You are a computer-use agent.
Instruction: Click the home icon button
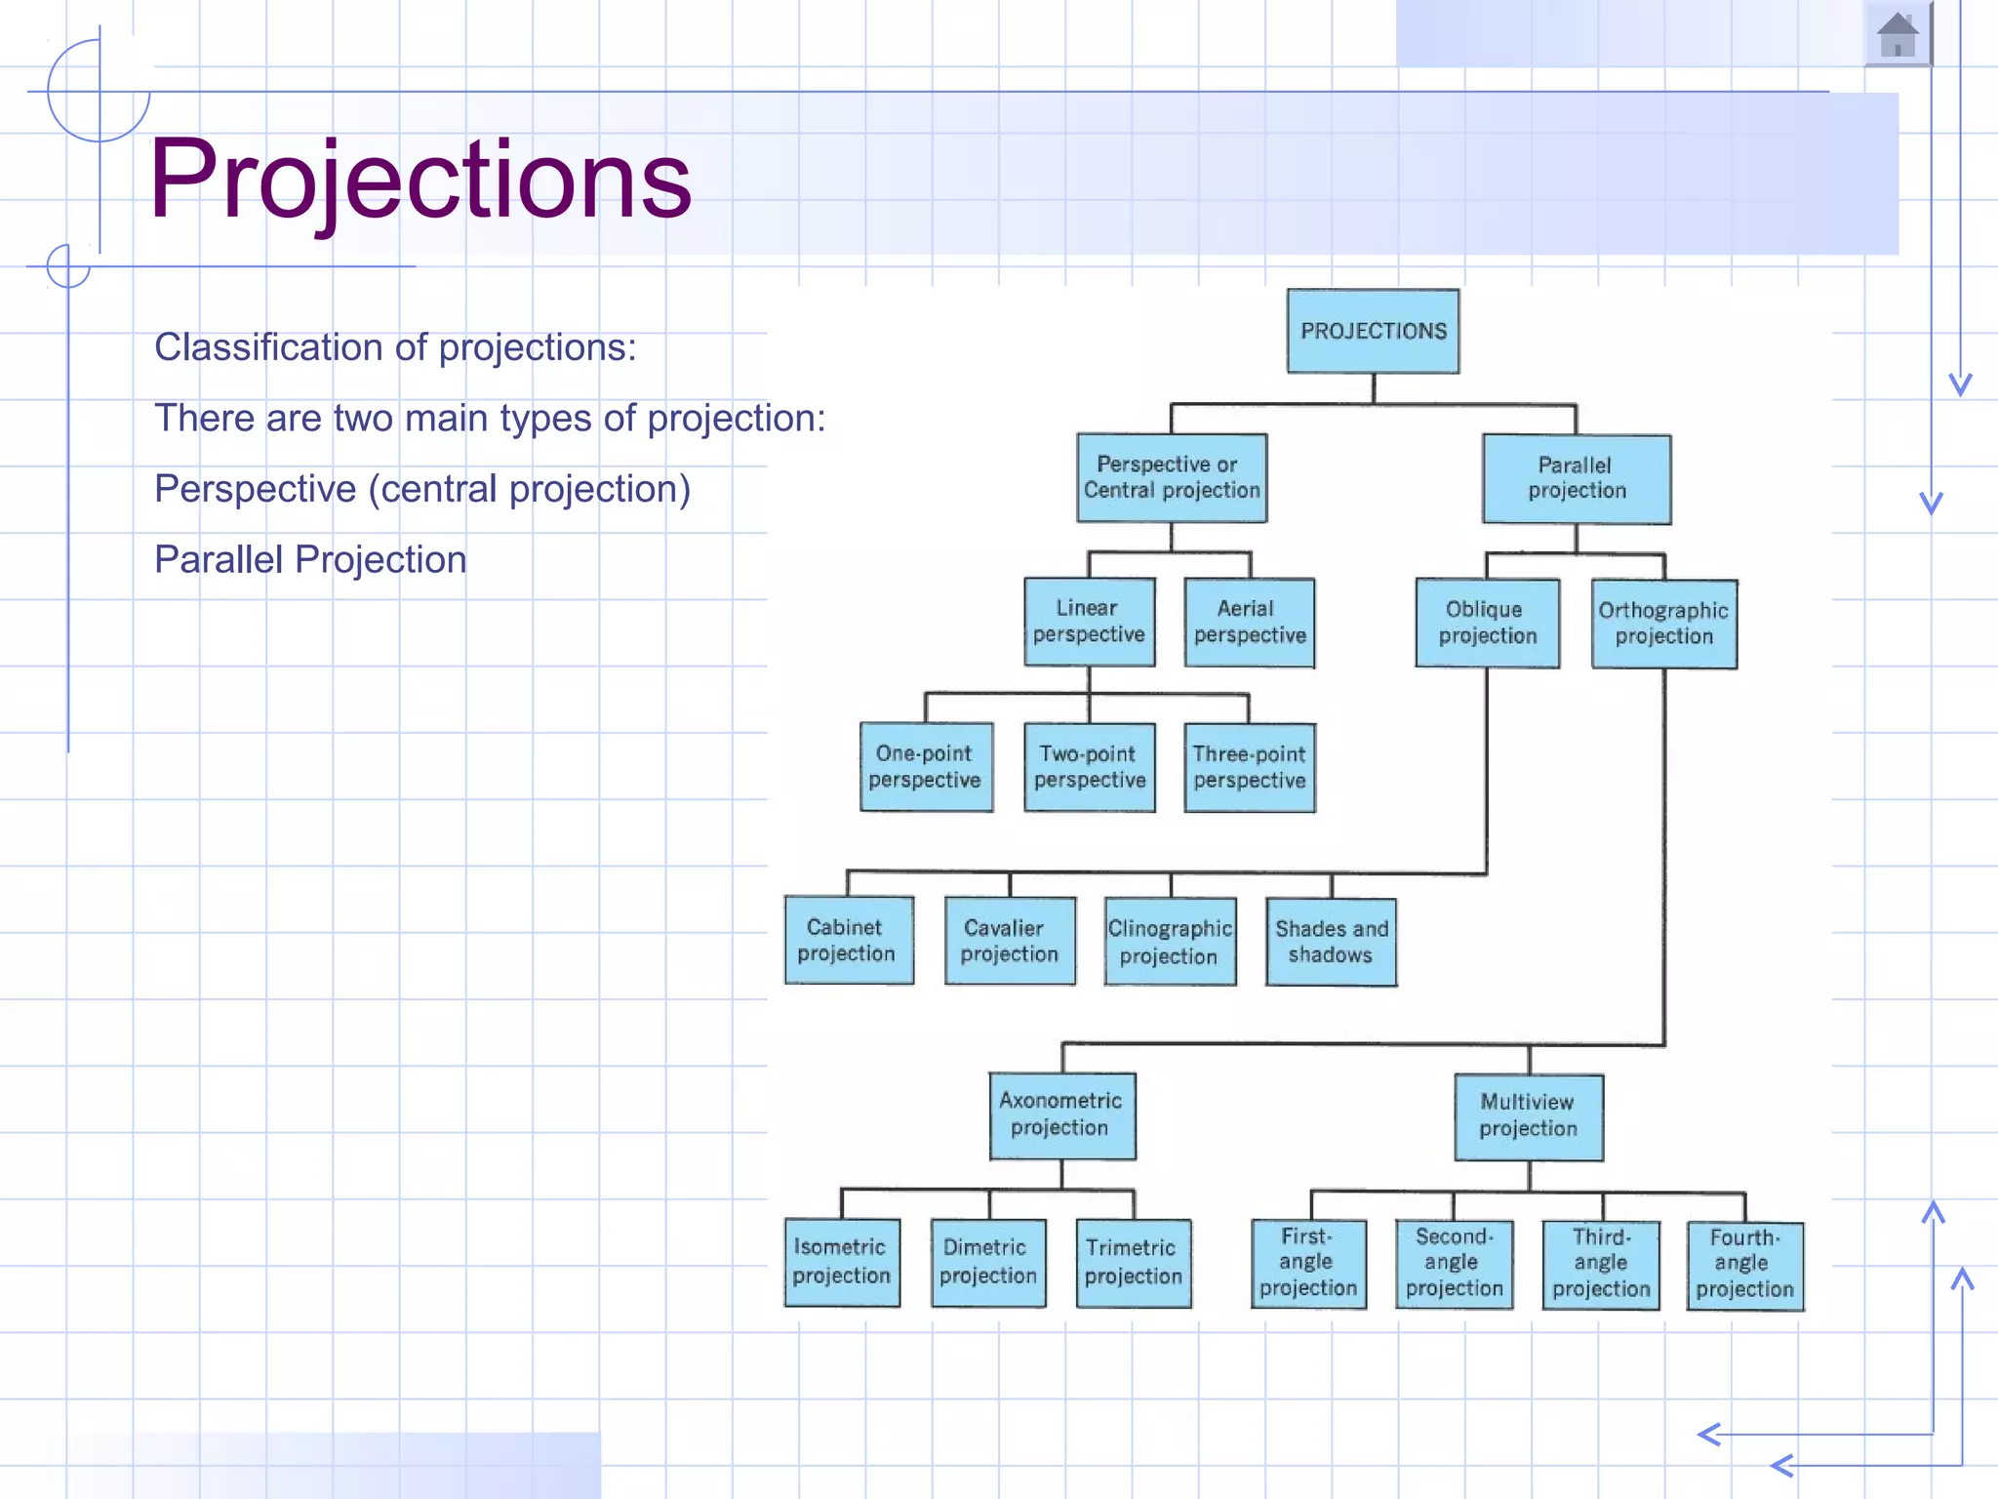pyautogui.click(x=1898, y=35)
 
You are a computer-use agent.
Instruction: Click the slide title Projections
pyautogui.click(x=420, y=180)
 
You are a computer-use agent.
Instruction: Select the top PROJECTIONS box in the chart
pyautogui.click(x=1373, y=331)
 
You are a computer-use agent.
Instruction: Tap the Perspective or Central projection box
pyautogui.click(x=1171, y=478)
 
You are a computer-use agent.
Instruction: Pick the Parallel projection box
pyautogui.click(x=1576, y=478)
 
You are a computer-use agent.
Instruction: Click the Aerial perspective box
pyautogui.click(x=1249, y=623)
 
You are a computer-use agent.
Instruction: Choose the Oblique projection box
pyautogui.click(x=1487, y=623)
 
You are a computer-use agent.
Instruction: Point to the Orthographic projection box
pyautogui.click(x=1663, y=624)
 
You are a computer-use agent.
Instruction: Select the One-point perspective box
pyautogui.click(x=925, y=767)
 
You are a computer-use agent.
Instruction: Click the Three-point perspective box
pyautogui.click(x=1249, y=768)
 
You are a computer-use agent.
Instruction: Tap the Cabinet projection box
pyautogui.click(x=848, y=941)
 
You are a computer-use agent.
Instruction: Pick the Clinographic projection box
pyautogui.click(x=1169, y=942)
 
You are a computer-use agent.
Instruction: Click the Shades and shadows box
pyautogui.click(x=1331, y=942)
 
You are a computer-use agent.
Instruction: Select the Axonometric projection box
pyautogui.click(x=1061, y=1115)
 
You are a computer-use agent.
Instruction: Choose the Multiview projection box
pyautogui.click(x=1528, y=1116)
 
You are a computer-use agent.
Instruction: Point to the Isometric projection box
pyautogui.click(x=842, y=1262)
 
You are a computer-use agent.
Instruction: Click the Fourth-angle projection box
pyautogui.click(x=1744, y=1265)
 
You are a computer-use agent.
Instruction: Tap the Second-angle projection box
pyautogui.click(x=1454, y=1264)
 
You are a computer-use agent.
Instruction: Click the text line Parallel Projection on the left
pyautogui.click(x=310, y=560)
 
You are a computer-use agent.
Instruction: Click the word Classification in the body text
pyautogui.click(x=244, y=347)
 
